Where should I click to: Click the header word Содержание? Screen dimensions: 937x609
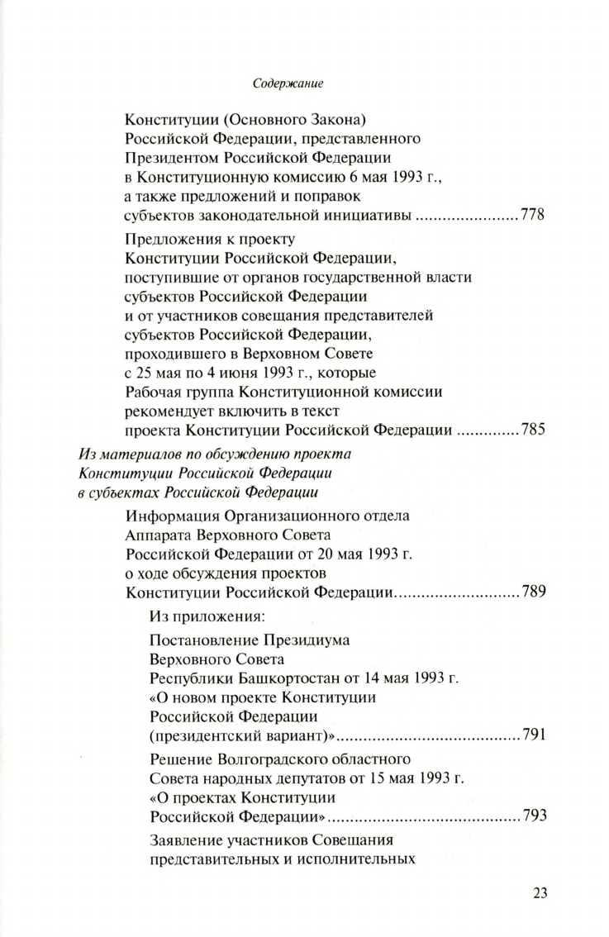point(287,83)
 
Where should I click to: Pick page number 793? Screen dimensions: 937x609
point(533,816)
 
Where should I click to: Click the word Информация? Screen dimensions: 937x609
point(175,516)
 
